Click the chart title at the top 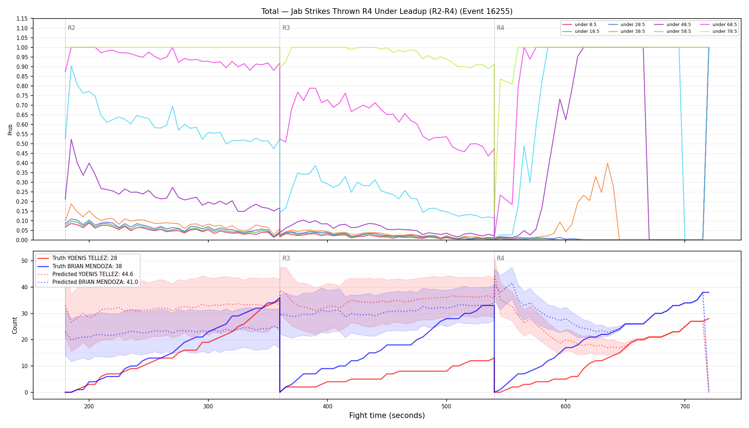[x=387, y=11]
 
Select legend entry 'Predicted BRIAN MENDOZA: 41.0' [x=87, y=282]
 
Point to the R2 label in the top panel [x=71, y=28]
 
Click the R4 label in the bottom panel [x=500, y=258]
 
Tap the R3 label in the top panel [x=286, y=28]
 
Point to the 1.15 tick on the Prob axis [x=22, y=19]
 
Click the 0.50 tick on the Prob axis [x=22, y=144]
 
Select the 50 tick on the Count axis [x=24, y=261]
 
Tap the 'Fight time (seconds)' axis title [x=387, y=416]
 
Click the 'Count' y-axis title [x=15, y=325]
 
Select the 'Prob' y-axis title [x=10, y=129]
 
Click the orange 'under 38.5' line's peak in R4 [x=607, y=163]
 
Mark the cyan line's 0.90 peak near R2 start [x=71, y=66]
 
